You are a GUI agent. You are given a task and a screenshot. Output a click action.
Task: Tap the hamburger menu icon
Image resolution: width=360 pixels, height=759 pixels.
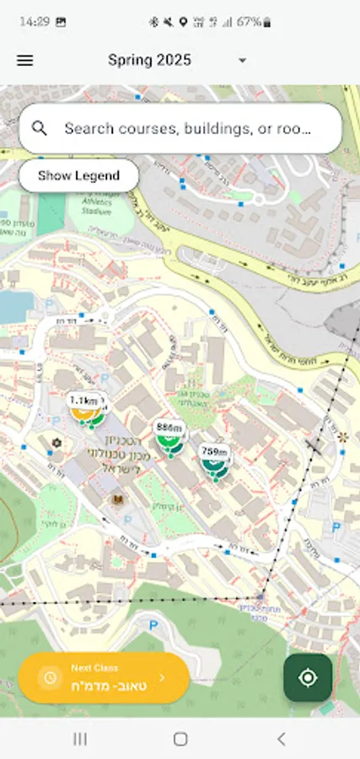25,61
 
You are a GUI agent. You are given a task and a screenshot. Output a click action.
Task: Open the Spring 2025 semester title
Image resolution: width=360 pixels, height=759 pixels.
149,60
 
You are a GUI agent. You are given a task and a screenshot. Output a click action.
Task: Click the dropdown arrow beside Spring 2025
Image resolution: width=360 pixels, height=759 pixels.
243,61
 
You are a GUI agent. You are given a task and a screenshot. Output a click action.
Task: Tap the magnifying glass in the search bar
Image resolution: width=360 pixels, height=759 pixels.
40,128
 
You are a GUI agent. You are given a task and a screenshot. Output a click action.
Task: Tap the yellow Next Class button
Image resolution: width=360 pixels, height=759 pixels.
104,676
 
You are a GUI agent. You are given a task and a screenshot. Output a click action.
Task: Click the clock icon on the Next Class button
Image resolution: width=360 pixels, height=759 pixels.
50,677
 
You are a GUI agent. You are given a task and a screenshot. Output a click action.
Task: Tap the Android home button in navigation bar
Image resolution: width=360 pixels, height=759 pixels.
180,739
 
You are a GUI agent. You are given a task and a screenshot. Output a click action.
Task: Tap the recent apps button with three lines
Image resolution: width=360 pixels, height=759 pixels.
80,739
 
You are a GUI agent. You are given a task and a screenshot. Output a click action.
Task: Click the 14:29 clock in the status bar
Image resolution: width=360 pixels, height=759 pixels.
35,22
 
